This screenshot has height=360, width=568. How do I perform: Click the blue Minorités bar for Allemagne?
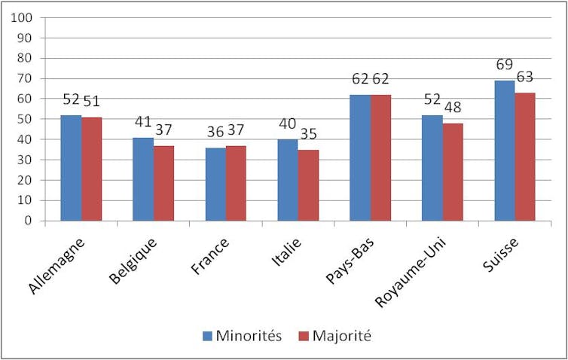tap(71, 168)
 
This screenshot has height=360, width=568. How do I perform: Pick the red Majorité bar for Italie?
tap(308, 185)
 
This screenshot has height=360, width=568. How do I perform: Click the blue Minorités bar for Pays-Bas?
tap(359, 157)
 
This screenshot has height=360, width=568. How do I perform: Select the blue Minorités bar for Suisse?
tap(504, 151)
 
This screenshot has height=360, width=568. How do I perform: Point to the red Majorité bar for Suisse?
tap(525, 157)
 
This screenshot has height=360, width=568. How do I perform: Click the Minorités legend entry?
tap(242, 336)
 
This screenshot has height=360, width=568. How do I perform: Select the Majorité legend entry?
tap(334, 336)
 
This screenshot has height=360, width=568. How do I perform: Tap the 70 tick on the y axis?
tap(26, 79)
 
